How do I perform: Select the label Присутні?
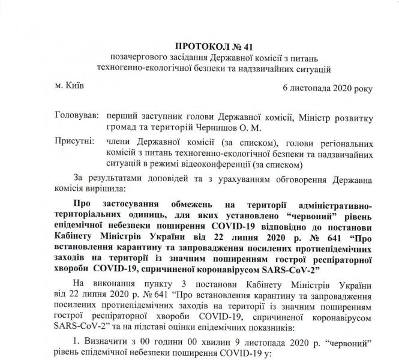74,141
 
